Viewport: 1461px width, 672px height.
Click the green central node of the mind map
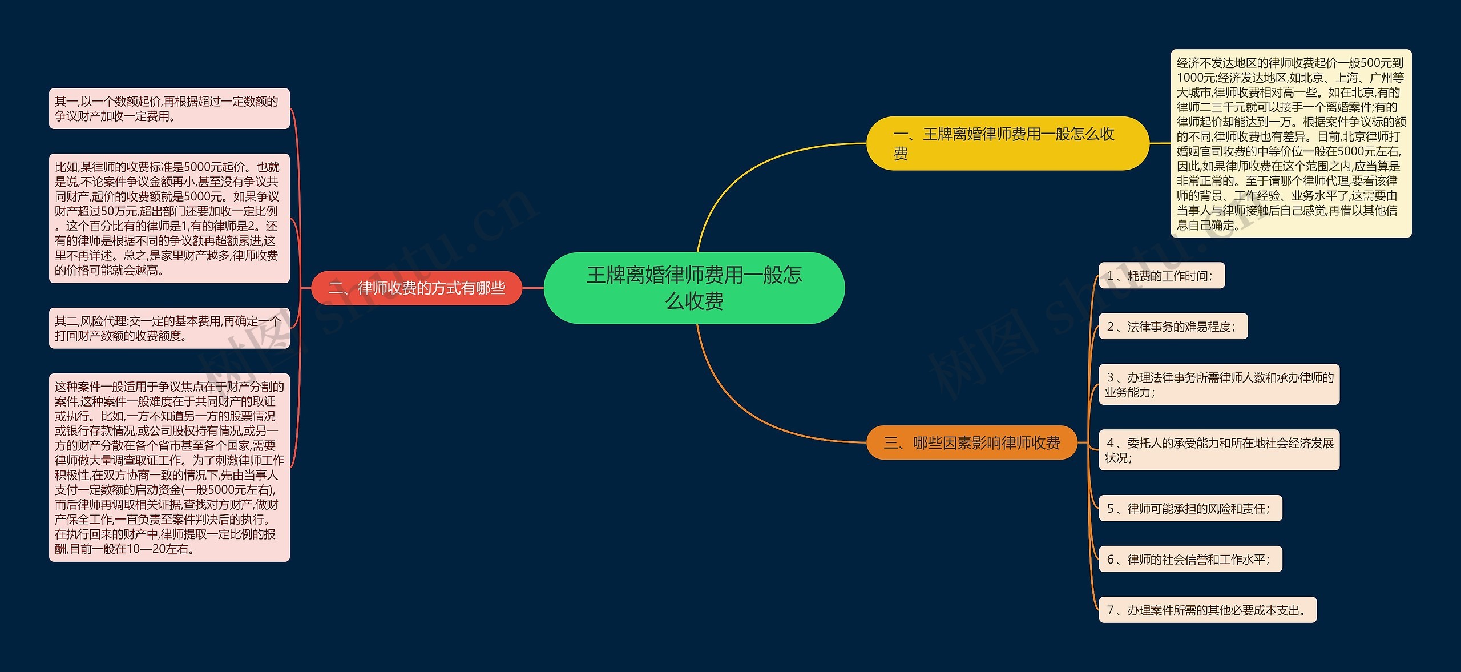click(x=694, y=288)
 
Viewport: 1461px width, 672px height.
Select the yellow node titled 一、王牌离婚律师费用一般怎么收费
click(x=1007, y=143)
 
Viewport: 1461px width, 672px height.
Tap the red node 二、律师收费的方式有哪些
click(x=417, y=288)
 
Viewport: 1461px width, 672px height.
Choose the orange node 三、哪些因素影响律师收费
click(x=971, y=443)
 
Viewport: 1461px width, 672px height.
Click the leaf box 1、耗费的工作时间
click(x=1161, y=276)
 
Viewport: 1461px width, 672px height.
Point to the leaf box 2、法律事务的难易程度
click(x=1173, y=327)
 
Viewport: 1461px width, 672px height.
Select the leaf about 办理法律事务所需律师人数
click(x=1218, y=384)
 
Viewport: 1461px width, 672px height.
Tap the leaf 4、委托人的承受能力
click(x=1218, y=450)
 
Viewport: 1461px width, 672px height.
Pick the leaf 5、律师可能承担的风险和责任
click(x=1190, y=508)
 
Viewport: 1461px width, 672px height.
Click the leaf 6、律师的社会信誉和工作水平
click(x=1190, y=560)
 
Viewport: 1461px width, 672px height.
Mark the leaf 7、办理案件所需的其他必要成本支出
click(x=1207, y=610)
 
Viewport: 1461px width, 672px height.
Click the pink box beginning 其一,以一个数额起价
click(x=169, y=108)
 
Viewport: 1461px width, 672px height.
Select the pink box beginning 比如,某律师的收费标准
click(x=169, y=218)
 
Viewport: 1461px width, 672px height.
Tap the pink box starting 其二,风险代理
click(x=169, y=328)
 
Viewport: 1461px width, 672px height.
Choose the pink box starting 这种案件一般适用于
click(x=169, y=467)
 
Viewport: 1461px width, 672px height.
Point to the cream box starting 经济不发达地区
click(x=1291, y=143)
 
